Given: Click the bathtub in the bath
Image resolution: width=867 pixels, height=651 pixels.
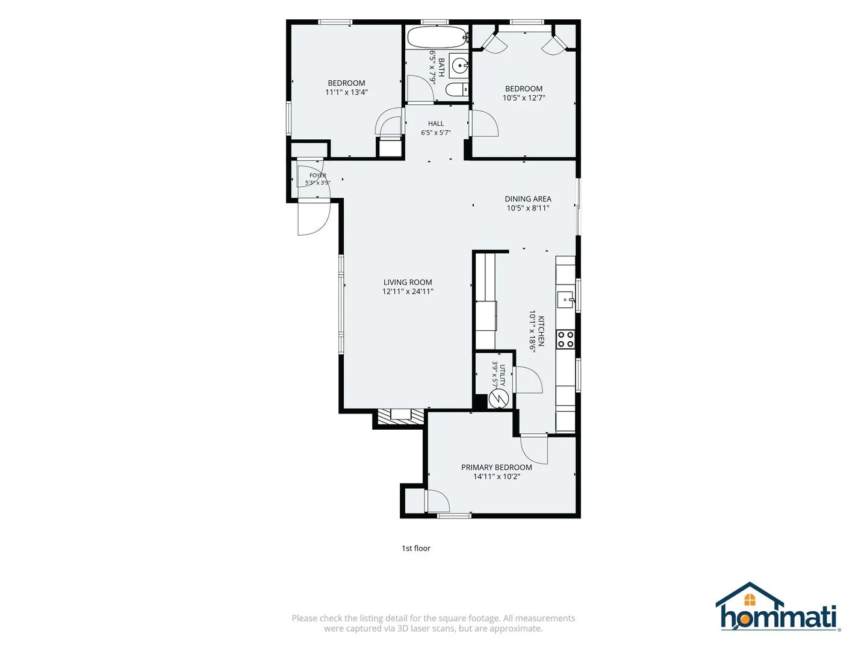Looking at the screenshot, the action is (437, 37).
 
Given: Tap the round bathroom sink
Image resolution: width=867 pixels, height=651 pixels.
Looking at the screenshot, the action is (459, 65).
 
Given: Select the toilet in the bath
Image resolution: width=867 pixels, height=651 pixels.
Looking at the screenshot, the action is (457, 90).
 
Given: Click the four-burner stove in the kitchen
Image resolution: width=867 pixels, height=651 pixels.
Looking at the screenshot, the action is (565, 339).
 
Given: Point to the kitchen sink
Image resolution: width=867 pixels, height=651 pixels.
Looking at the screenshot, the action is (565, 300).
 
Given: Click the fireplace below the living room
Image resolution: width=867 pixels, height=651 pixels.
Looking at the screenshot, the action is (400, 417).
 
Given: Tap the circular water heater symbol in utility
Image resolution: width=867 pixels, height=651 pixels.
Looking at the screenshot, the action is (497, 398).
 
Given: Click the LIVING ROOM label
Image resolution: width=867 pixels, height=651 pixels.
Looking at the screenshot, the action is (408, 282).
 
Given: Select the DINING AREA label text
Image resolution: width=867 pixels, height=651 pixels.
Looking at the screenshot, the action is (527, 199).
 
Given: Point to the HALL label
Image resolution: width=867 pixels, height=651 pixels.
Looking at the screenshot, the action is (436, 124).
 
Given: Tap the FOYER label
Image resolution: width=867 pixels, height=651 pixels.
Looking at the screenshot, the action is (318, 175).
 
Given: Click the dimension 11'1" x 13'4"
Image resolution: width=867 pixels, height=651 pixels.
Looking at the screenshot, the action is (346, 92).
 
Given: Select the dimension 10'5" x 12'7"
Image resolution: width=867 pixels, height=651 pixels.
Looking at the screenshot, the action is (524, 98).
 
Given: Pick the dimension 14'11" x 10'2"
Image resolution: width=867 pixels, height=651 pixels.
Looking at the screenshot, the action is (497, 476).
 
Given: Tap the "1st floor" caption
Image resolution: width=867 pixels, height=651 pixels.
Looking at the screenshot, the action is (416, 548).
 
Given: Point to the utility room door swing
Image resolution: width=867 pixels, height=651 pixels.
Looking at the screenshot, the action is (527, 380).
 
